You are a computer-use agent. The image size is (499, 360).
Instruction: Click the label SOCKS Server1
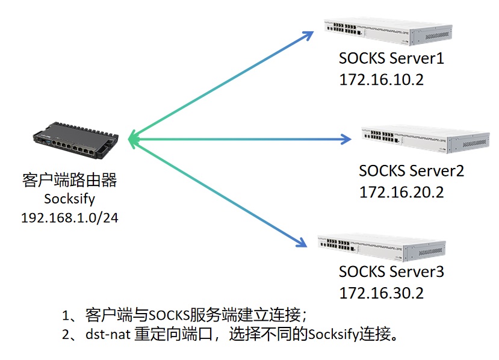[391, 59]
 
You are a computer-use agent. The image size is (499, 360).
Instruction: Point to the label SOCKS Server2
[411, 170]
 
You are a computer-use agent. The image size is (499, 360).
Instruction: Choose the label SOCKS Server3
[391, 272]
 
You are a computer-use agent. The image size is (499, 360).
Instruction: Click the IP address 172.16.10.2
[381, 79]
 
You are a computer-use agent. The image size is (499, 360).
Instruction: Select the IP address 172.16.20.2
[401, 191]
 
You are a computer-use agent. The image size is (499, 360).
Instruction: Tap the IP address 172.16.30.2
[382, 293]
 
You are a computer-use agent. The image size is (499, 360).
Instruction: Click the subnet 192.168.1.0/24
[70, 217]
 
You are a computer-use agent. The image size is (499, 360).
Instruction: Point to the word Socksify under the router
[69, 199]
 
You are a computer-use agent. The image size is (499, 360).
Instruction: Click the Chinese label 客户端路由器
[69, 180]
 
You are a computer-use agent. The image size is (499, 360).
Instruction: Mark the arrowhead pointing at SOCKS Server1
[307, 36]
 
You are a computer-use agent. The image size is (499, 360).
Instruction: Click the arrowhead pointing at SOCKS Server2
[346, 139]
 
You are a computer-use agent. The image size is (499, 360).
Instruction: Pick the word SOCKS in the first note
[169, 315]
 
